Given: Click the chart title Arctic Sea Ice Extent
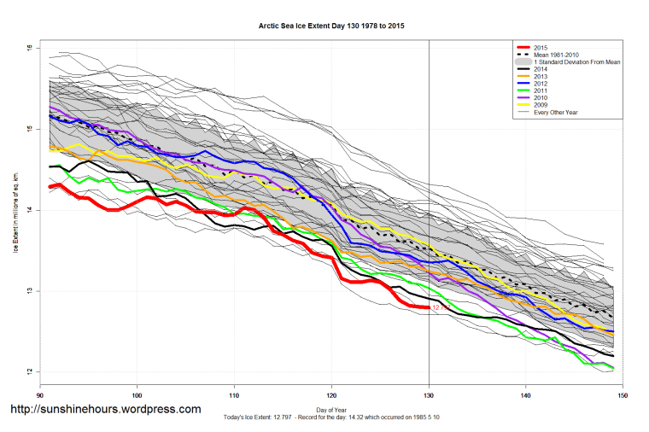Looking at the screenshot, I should (x=331, y=26).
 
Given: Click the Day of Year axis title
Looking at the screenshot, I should (x=331, y=409).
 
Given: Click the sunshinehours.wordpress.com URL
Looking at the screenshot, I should (x=105, y=410).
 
